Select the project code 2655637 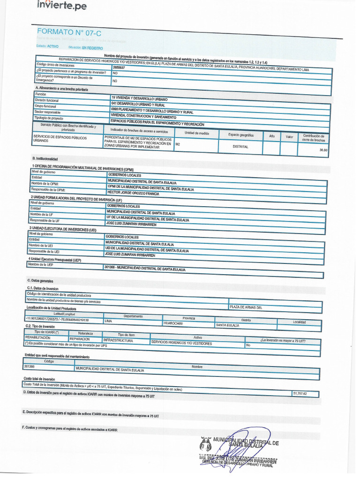[x=119, y=67]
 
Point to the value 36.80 [x=323, y=150]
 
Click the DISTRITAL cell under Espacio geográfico [x=240, y=147]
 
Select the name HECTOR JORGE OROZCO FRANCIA [x=134, y=194]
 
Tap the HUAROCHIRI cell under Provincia [x=173, y=323]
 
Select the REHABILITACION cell [x=37, y=337]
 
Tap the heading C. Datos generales [x=42, y=280]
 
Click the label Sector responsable [x=48, y=112]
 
